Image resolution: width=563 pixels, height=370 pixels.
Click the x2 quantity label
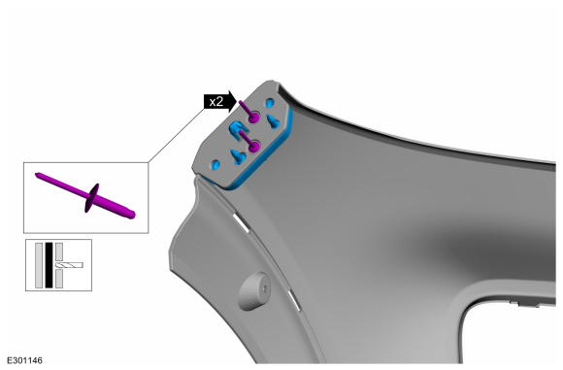pyautogui.click(x=215, y=102)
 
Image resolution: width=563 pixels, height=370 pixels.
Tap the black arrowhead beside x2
pyautogui.click(x=231, y=102)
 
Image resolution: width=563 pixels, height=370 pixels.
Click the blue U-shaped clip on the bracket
pyautogui.click(x=237, y=129)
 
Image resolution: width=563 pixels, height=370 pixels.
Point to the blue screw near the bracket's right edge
pyautogui.click(x=273, y=121)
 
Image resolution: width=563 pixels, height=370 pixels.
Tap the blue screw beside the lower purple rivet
pyautogui.click(x=238, y=156)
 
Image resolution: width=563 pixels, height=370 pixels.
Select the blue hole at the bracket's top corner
pyautogui.click(x=270, y=104)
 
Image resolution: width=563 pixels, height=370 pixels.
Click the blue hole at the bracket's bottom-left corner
pyautogui.click(x=215, y=164)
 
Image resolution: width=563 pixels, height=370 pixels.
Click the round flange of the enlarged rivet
pyautogui.click(x=92, y=198)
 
